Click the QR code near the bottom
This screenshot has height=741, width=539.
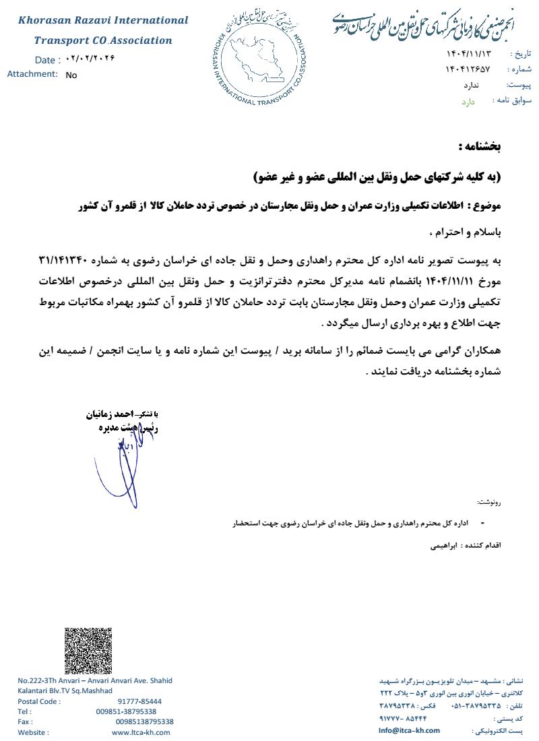point(88,650)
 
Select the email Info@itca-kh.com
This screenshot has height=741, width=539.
point(409,730)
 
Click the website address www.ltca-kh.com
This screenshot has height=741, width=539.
point(141,732)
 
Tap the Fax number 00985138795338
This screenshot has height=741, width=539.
point(144,721)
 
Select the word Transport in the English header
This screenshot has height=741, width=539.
point(62,40)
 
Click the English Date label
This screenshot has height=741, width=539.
point(46,60)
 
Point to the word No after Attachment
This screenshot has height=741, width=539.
point(71,75)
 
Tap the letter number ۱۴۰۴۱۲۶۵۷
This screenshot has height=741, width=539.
point(468,69)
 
